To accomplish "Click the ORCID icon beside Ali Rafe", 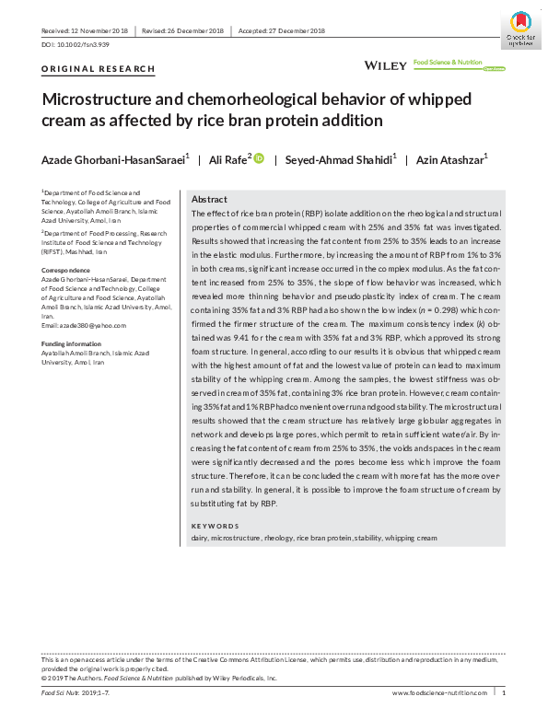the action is click(260, 159).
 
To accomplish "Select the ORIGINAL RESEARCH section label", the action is click(99, 69).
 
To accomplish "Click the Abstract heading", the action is click(210, 200).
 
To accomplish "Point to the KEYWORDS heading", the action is click(214, 526).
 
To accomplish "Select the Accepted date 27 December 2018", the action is click(282, 30).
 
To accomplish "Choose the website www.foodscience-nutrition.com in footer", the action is click(439, 691).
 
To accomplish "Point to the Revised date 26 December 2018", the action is click(183, 30).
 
